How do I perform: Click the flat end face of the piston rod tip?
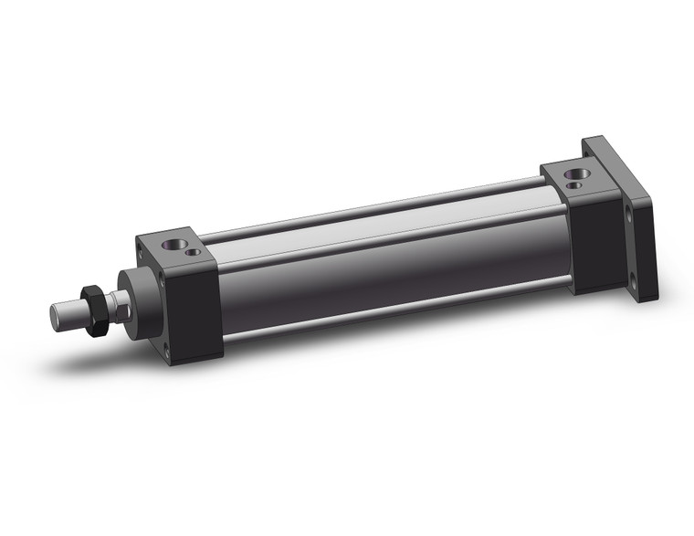pos(57,315)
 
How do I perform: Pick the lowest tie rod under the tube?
pos(393,315)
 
